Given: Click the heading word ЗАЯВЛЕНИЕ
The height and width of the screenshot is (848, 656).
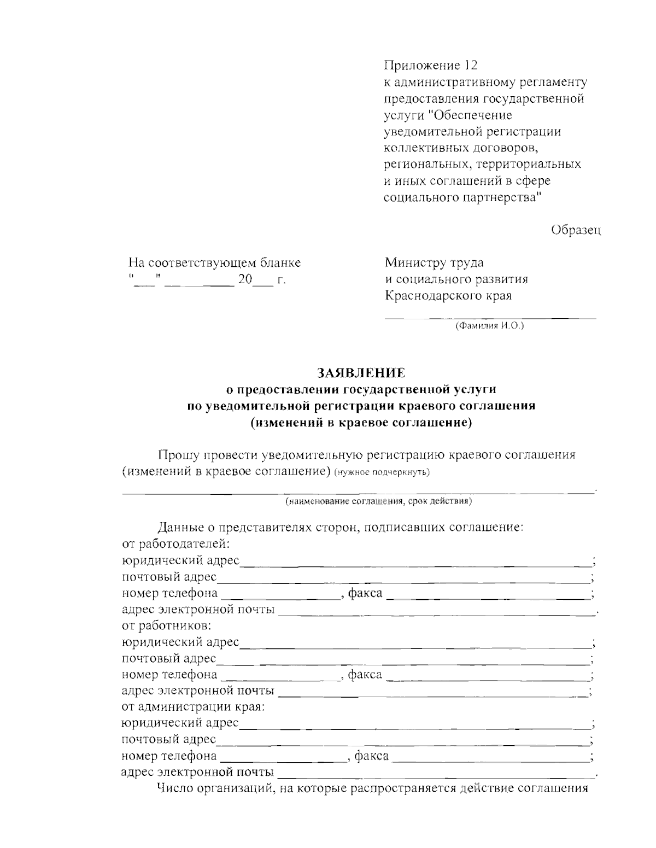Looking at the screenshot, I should (x=361, y=373).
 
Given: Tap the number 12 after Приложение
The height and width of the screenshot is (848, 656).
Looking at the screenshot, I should (x=470, y=66).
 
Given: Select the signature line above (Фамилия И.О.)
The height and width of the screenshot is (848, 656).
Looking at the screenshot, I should (x=490, y=318).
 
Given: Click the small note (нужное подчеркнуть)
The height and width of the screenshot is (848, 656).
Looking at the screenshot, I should (x=382, y=472).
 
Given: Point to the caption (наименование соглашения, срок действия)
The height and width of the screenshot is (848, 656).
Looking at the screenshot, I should (x=378, y=501).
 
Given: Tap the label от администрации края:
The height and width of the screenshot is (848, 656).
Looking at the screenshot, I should (x=193, y=706).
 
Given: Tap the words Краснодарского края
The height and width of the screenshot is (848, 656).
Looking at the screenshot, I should (x=448, y=296).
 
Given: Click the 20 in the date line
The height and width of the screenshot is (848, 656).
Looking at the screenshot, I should (x=244, y=279).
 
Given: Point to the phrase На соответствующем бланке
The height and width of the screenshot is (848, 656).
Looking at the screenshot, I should (x=214, y=262).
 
